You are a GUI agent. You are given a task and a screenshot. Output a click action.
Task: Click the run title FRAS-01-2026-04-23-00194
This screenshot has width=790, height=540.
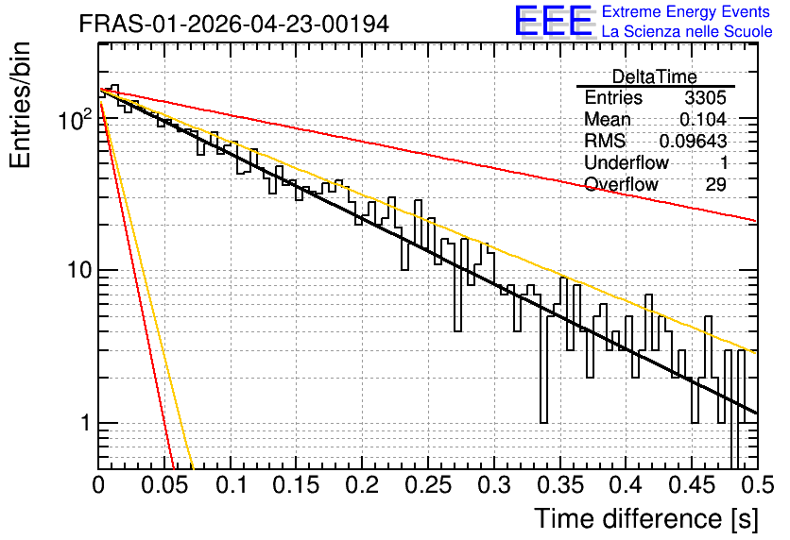click(x=234, y=24)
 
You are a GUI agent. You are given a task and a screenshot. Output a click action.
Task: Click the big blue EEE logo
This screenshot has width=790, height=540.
click(x=554, y=21)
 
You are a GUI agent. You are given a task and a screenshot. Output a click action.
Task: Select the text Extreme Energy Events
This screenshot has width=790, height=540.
click(x=686, y=11)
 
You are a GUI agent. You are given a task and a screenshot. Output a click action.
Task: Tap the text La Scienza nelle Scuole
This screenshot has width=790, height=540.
click(x=687, y=31)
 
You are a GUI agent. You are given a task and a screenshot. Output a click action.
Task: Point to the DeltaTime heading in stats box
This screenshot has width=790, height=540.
click(x=655, y=76)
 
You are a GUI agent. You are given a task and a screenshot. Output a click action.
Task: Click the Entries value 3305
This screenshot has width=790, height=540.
click(x=705, y=97)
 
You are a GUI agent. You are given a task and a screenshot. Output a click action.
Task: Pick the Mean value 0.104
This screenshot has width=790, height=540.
click(x=703, y=119)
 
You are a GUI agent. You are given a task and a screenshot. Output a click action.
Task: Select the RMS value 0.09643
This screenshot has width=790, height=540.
click(x=693, y=141)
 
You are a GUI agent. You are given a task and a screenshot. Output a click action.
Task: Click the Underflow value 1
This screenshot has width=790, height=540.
click(x=724, y=162)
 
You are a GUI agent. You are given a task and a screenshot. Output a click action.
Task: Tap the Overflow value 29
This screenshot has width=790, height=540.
click(x=715, y=184)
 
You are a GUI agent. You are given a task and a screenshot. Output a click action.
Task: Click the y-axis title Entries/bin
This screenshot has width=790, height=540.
click(x=20, y=105)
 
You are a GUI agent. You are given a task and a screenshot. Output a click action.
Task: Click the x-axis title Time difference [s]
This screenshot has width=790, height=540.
click(x=646, y=518)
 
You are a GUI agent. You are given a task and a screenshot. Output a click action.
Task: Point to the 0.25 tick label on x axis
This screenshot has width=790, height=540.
click(x=428, y=485)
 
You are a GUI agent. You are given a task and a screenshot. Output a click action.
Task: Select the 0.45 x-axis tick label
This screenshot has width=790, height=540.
click(x=692, y=485)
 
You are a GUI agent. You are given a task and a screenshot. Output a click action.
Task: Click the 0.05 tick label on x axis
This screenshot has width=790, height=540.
click(x=164, y=485)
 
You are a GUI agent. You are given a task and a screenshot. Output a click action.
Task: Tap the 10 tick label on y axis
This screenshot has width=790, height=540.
click(x=80, y=270)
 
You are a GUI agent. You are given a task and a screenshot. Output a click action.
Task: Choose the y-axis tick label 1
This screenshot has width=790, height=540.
click(x=86, y=423)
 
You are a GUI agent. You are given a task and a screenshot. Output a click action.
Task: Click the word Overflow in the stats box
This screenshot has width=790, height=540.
click(x=621, y=184)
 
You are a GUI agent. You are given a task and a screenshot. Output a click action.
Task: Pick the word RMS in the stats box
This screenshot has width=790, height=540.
click(x=605, y=141)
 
